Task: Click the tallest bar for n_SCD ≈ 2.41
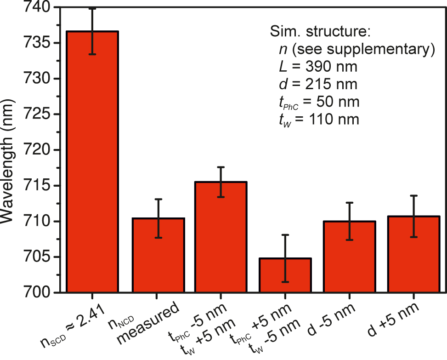(92, 161)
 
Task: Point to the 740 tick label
(34, 8)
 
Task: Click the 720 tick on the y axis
(34, 150)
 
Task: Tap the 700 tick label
(34, 292)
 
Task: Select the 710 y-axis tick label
(34, 221)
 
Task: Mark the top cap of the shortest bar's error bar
(285, 234)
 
